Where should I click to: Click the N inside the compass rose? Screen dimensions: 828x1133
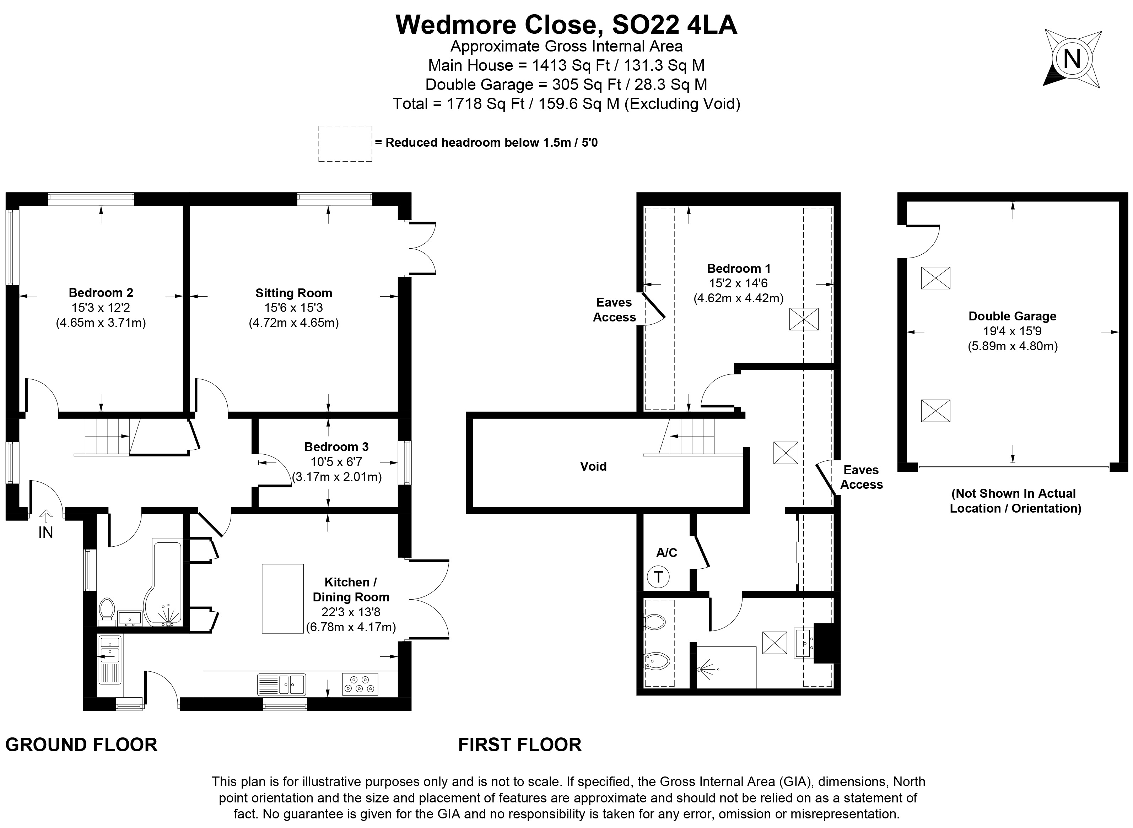pos(1071,59)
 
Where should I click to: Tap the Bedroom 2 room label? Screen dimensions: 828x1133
pos(101,293)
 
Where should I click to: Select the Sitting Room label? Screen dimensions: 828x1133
pos(294,293)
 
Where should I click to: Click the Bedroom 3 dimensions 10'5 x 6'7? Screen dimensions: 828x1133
pos(336,462)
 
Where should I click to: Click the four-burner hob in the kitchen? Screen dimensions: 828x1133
pos(360,684)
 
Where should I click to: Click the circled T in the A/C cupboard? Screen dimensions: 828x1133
pos(658,577)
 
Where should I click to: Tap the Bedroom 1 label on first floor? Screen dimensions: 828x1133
pos(738,268)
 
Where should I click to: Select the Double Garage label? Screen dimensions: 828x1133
pos(1012,316)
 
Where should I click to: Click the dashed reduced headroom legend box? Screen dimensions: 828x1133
pos(345,144)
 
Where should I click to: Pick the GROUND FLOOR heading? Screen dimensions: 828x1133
pos(81,745)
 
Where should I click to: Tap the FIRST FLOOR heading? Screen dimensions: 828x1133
pos(519,745)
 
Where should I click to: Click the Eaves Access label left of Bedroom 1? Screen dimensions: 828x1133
pos(614,310)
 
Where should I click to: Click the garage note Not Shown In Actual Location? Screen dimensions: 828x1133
pos(1015,501)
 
